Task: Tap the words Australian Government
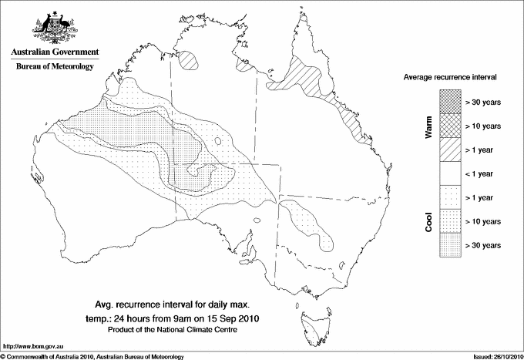click(54, 52)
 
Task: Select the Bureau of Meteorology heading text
click(54, 67)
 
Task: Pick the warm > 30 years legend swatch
click(449, 101)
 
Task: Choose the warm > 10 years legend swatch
click(449, 125)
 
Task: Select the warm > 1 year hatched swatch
click(449, 149)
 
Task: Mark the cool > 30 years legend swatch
click(449, 244)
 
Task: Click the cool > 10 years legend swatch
click(449, 220)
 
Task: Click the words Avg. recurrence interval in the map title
click(146, 304)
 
